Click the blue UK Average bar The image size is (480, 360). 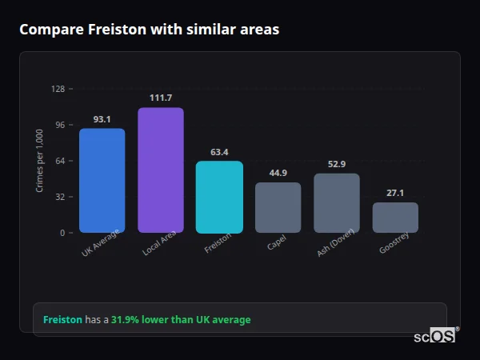tap(102, 180)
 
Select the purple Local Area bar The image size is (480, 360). tap(161, 170)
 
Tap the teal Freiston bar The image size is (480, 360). tap(219, 197)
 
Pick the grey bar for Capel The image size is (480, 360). tap(278, 207)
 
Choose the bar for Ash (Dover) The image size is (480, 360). tap(337, 203)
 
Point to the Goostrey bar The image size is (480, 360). tap(395, 218)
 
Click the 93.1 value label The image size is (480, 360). tap(102, 119)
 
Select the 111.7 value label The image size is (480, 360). tap(161, 98)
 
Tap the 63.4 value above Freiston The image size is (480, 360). tap(219, 152)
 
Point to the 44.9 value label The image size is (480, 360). tap(278, 173)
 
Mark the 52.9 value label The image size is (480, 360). tap(337, 164)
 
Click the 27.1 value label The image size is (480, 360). tap(395, 193)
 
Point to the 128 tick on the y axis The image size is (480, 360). tap(58, 89)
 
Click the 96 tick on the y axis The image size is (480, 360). tap(59, 125)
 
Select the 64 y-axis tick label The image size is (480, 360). tap(59, 161)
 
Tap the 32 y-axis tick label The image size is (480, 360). tap(59, 197)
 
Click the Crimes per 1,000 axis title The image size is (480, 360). tap(40, 161)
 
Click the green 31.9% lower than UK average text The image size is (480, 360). tap(181, 320)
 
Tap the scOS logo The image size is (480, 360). tap(434, 336)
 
